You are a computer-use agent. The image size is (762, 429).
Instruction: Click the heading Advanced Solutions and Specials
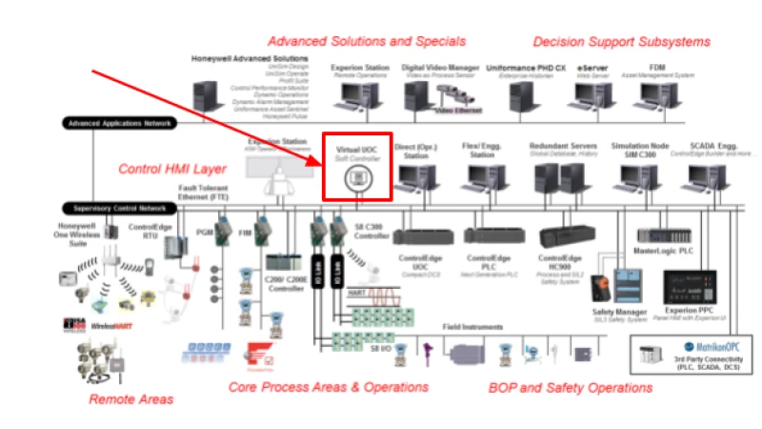point(367,41)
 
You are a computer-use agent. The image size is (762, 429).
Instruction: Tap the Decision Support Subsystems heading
point(621,41)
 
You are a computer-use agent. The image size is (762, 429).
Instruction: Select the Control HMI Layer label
point(171,169)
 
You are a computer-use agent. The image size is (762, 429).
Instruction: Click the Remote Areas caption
point(131,398)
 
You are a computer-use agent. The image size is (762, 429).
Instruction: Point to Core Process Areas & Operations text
point(329,387)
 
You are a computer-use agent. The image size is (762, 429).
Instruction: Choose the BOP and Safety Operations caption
point(571,387)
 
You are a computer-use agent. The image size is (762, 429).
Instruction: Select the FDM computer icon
point(658,93)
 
